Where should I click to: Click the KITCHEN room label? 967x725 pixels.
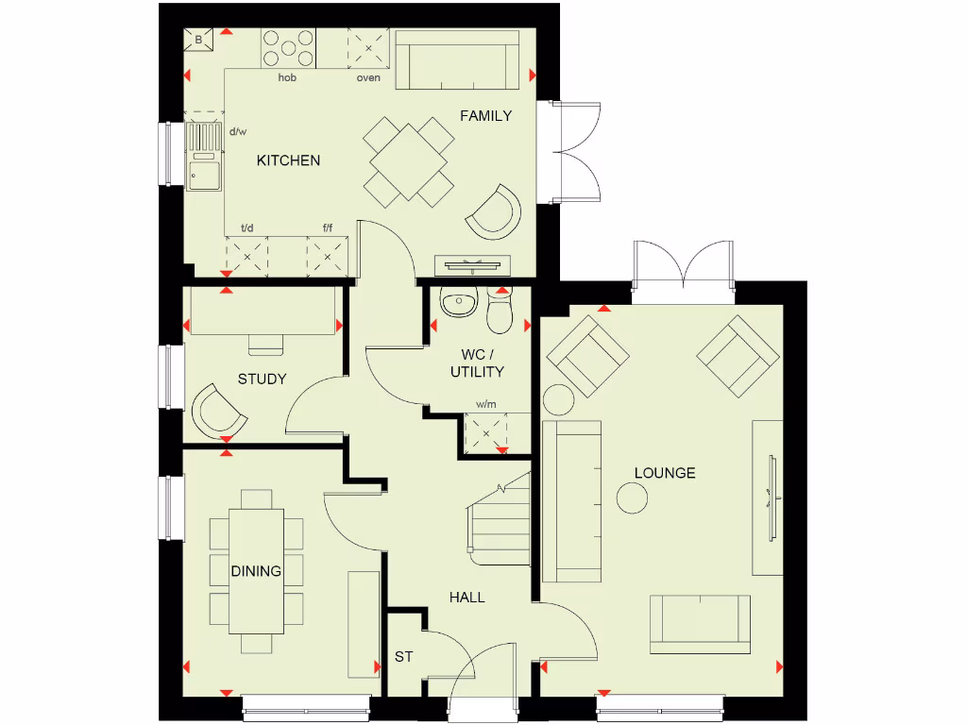coord(288,160)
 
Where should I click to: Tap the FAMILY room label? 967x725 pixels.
coord(485,116)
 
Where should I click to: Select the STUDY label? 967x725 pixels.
coord(262,379)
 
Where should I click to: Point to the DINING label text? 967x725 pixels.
coord(256,571)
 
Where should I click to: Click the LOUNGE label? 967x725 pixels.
coord(665,473)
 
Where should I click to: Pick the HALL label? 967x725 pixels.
coord(467,598)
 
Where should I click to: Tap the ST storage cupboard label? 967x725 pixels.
coord(403,657)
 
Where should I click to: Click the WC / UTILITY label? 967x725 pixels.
coord(476,363)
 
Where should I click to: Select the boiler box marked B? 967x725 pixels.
coord(199,41)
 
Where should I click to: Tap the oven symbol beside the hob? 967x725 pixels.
coord(368,47)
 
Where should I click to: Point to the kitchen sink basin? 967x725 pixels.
coord(203,175)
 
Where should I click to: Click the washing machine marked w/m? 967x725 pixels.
coord(486,433)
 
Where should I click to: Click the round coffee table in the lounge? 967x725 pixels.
coord(632,497)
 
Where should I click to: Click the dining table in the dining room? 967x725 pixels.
coord(256,571)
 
